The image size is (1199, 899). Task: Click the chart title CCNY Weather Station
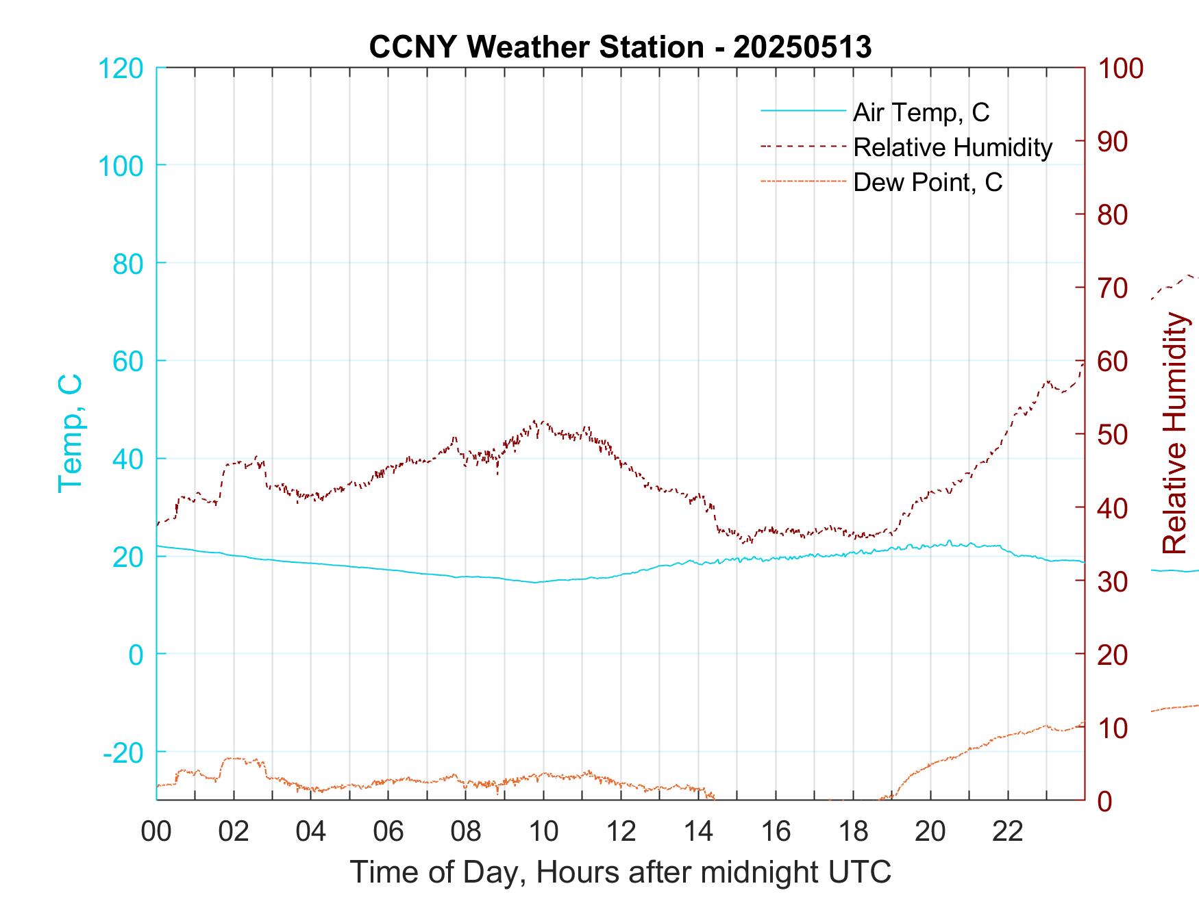point(620,47)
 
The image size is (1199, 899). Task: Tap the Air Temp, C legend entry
point(921,112)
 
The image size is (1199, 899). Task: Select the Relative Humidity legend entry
point(952,147)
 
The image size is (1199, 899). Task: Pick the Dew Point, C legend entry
point(928,182)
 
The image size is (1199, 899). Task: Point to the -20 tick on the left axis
point(123,752)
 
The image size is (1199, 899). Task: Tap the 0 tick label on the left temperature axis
point(136,655)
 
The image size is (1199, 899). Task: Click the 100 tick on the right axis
point(1121,68)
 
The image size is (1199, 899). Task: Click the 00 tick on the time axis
point(156,832)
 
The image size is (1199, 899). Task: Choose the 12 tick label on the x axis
point(621,832)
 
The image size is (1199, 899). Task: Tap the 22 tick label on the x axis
point(1008,832)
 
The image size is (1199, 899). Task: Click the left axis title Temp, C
point(70,433)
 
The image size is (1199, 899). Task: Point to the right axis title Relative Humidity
point(1174,433)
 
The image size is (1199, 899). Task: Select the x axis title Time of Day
point(621,872)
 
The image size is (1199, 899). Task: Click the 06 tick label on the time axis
point(388,832)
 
